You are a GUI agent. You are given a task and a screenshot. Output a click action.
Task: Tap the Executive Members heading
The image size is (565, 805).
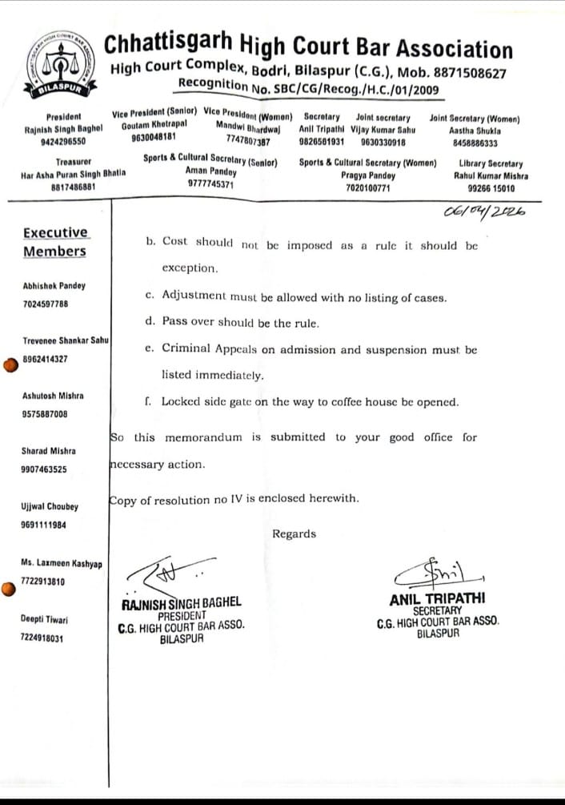(x=54, y=242)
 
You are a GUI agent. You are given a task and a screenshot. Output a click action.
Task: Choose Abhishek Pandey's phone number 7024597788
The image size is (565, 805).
(x=46, y=304)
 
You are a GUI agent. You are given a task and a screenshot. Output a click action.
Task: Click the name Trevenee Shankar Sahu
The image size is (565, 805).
(x=66, y=340)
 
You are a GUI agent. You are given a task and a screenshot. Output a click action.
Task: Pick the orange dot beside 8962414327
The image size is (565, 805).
(x=10, y=365)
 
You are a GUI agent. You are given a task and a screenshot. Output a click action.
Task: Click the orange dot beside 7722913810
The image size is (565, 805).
(x=8, y=590)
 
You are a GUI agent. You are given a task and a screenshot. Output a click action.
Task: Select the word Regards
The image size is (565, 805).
(x=294, y=534)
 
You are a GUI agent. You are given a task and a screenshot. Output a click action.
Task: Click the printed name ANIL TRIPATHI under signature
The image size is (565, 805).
(x=437, y=598)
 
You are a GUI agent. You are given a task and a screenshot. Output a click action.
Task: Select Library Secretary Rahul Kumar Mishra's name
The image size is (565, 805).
(x=488, y=175)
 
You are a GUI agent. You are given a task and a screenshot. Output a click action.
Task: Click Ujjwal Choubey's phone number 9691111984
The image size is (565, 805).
(x=44, y=525)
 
